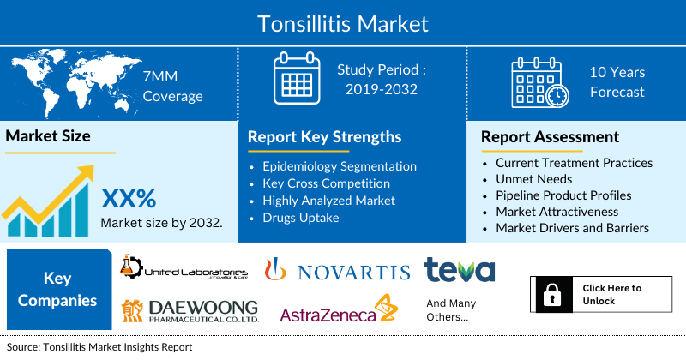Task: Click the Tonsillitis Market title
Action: [x=343, y=23]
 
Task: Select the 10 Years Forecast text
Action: [x=617, y=82]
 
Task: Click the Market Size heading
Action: [x=48, y=136]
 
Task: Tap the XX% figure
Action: [x=129, y=199]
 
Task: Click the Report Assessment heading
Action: [x=550, y=137]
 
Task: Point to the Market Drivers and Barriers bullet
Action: [x=572, y=228]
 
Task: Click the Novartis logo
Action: [x=338, y=272]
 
